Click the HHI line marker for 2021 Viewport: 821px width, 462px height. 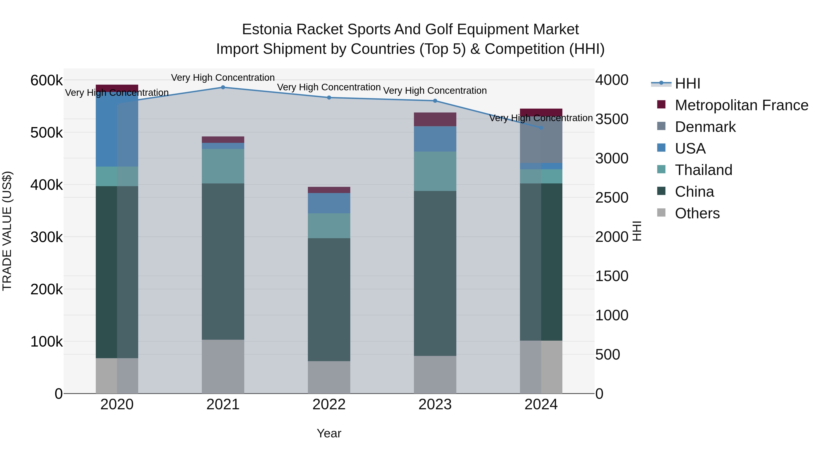click(x=223, y=87)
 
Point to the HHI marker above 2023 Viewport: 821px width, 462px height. click(x=435, y=101)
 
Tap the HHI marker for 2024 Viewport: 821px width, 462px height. click(x=541, y=128)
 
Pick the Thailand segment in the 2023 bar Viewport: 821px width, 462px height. click(x=435, y=171)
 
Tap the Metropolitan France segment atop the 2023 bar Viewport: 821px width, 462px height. click(x=435, y=119)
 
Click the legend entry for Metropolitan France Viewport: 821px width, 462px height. click(x=741, y=105)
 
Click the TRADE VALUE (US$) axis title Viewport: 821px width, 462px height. click(x=7, y=231)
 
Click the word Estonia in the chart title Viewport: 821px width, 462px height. click(x=267, y=29)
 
